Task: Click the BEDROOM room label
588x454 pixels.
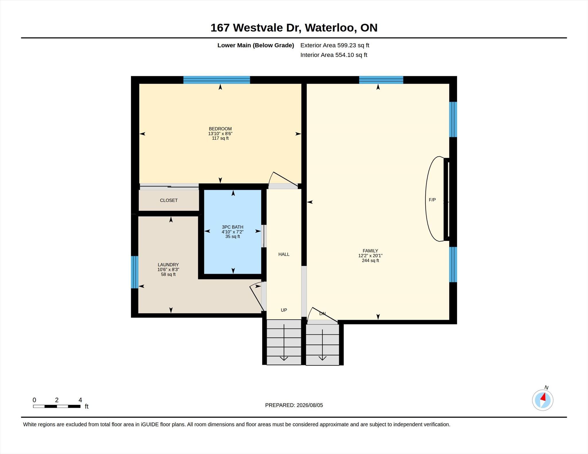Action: pos(220,129)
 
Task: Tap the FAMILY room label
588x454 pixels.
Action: pos(370,251)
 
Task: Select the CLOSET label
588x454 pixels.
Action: pos(169,200)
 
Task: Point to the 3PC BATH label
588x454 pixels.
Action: pos(233,227)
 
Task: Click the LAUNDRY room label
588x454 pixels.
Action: pos(168,265)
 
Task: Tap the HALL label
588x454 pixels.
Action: pos(284,254)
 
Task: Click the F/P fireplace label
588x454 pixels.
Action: pos(432,200)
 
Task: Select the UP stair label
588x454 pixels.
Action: pos(284,310)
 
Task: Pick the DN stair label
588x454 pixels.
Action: pos(322,313)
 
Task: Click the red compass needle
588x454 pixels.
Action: pos(543,397)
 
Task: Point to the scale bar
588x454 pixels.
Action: pos(57,406)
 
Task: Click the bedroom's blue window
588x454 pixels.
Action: pos(217,80)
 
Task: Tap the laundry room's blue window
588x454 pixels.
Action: pos(135,272)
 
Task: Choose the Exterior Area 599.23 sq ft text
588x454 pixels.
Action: pos(335,45)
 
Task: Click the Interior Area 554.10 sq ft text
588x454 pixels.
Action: pos(334,55)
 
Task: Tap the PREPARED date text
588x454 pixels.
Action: pos(294,405)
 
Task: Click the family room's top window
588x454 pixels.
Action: pos(381,80)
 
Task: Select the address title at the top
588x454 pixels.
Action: pos(294,28)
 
